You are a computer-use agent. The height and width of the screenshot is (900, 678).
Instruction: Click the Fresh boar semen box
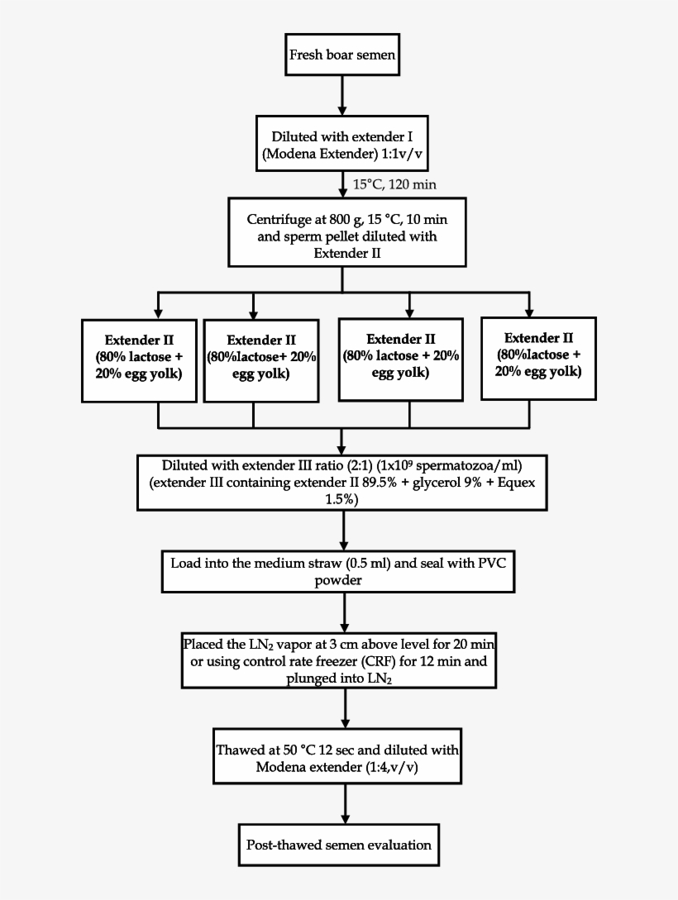[342, 57]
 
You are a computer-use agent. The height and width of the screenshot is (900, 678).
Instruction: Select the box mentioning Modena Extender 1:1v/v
[342, 144]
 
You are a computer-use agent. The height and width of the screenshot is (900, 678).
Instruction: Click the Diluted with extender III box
[342, 481]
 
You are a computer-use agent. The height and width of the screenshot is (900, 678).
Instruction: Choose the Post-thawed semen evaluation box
[339, 845]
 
